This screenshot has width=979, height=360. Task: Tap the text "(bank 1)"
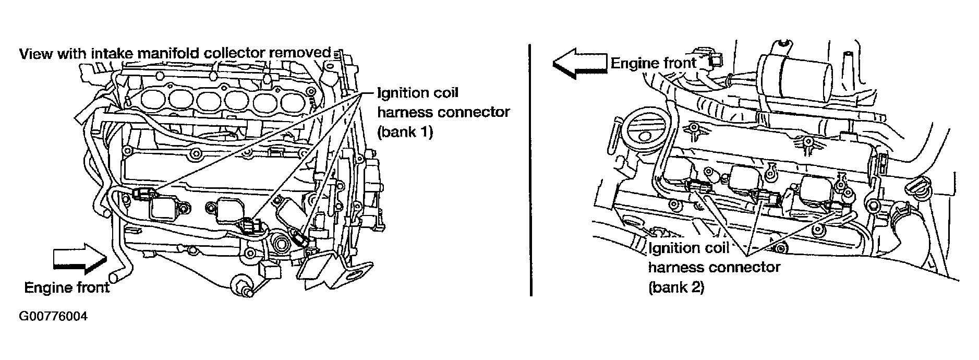pos(405,132)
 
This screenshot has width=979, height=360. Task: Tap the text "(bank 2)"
pos(676,287)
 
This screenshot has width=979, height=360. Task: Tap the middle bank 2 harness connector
pos(767,197)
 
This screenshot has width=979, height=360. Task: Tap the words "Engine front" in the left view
pos(67,287)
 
